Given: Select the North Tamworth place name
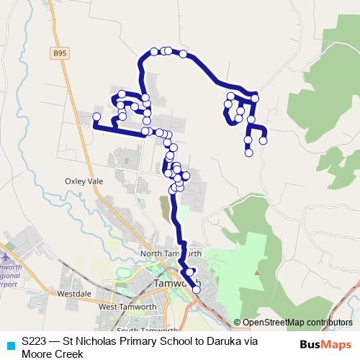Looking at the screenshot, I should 171,253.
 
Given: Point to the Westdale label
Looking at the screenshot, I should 73,294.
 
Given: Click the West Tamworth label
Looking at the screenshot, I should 127,307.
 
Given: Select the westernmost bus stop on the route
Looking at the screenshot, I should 96,117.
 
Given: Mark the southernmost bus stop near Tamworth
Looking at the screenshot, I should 197,289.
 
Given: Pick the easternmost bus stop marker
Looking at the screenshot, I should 264,140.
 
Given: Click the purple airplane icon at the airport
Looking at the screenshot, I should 6,257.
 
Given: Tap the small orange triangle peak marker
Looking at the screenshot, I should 257,273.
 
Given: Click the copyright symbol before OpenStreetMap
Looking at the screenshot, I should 238,322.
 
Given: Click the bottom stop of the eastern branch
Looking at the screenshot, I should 248,152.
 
